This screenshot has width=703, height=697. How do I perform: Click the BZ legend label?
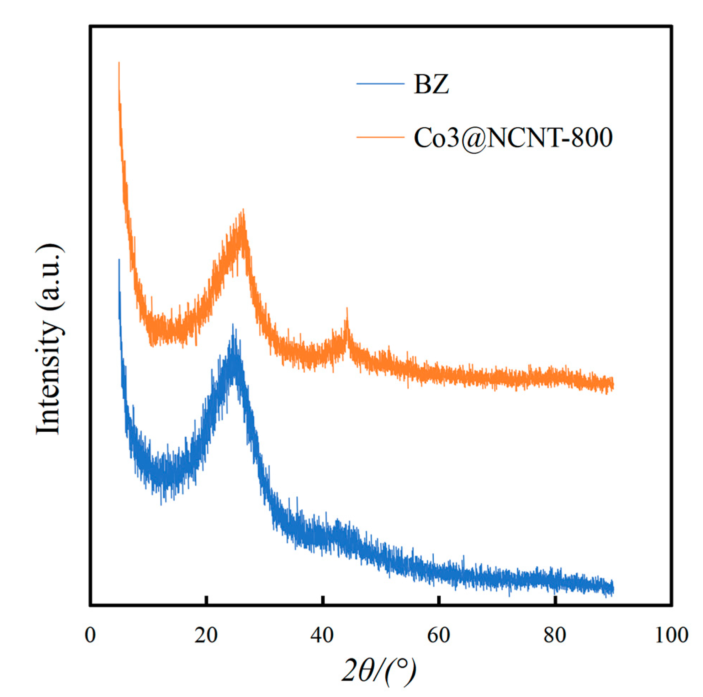click(x=431, y=84)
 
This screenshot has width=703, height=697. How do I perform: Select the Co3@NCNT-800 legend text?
click(x=513, y=138)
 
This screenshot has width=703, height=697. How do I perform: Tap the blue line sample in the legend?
click(x=380, y=84)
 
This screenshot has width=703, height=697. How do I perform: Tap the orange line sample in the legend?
click(x=380, y=137)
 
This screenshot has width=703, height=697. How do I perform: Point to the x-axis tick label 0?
click(x=90, y=635)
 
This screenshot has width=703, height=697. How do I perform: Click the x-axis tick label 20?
click(x=206, y=635)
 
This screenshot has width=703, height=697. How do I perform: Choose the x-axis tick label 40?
click(x=322, y=635)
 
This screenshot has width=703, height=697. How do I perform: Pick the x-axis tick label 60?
click(x=439, y=635)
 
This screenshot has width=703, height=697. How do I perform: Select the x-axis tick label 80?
click(x=555, y=635)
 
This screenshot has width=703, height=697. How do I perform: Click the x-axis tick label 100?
click(x=672, y=635)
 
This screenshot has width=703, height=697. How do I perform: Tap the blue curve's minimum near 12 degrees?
click(x=161, y=502)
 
